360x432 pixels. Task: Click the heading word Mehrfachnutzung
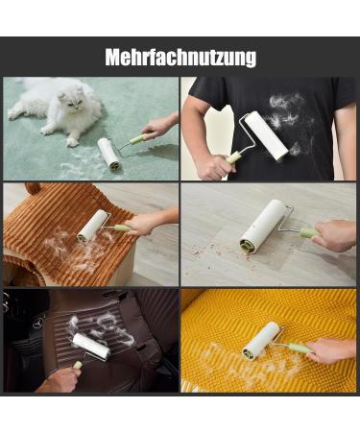[180, 58]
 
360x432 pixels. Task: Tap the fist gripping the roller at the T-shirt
[213, 166]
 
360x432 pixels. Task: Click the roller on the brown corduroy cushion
[93, 226]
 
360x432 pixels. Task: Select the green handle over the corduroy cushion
[124, 228]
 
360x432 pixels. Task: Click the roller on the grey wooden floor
[262, 227]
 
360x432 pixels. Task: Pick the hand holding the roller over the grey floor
[333, 235]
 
